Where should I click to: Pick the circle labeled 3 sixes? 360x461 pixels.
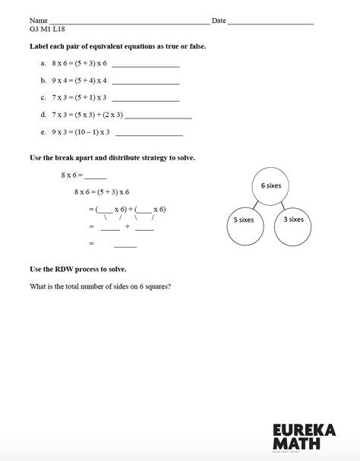[293, 219]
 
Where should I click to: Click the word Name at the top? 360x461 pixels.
[39, 21]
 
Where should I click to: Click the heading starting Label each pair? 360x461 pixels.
[118, 47]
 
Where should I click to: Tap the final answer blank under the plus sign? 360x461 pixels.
[125, 245]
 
